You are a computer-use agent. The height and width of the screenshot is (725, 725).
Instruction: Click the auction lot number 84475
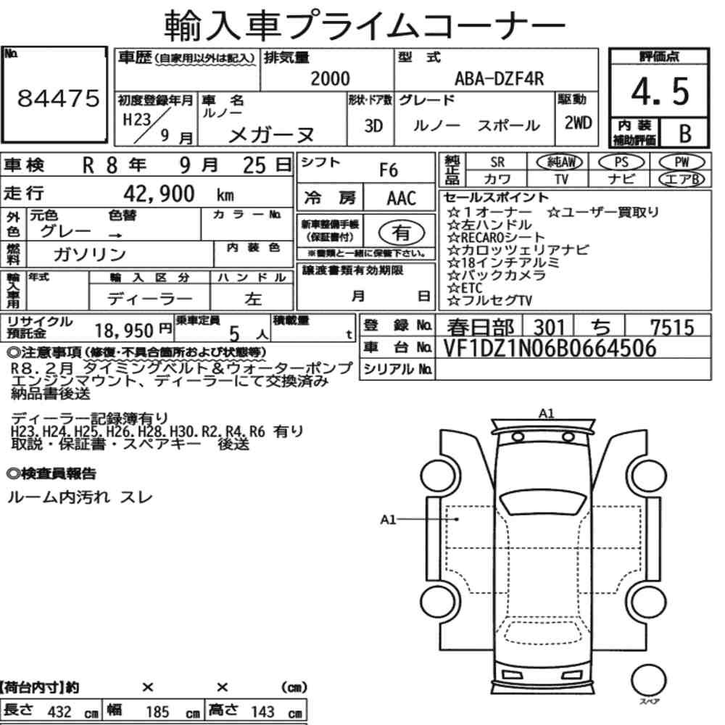click(x=58, y=98)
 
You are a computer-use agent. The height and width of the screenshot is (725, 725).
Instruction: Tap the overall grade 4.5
click(x=660, y=91)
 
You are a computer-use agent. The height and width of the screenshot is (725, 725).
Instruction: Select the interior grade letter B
click(x=685, y=133)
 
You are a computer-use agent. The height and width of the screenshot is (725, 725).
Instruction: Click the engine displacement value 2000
click(x=330, y=78)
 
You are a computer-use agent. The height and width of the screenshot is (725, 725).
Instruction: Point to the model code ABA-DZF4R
click(x=500, y=78)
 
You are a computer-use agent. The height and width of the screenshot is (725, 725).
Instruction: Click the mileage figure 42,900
click(x=159, y=194)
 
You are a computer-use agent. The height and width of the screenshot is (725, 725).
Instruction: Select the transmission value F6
click(x=389, y=170)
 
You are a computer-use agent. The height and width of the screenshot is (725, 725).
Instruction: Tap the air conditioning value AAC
click(x=402, y=199)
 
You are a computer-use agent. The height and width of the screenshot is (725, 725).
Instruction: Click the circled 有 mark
click(x=402, y=232)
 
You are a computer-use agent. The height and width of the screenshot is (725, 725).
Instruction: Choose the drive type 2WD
click(x=578, y=123)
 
